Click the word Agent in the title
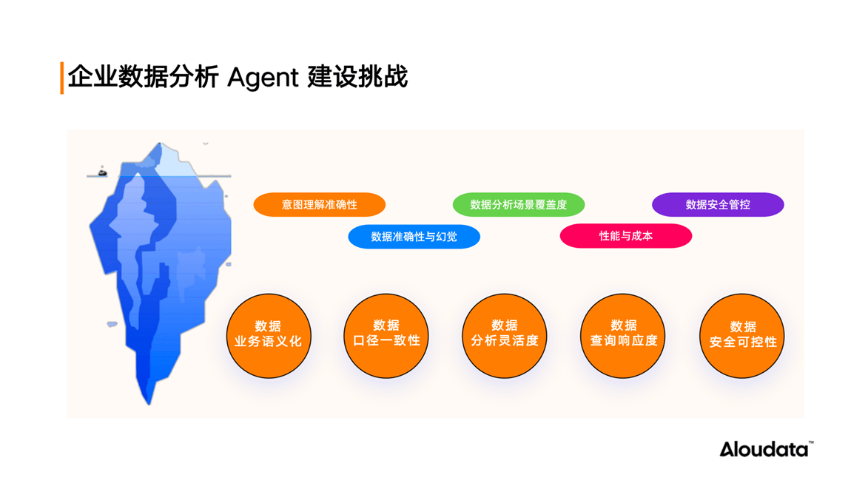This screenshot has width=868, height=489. click(263, 78)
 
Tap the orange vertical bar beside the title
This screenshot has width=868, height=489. click(62, 78)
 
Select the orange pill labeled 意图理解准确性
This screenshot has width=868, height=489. click(320, 205)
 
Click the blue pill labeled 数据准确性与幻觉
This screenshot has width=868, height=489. click(414, 237)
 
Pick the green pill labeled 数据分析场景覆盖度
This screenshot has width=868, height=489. click(519, 205)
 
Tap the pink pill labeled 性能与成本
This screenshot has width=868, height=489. click(626, 236)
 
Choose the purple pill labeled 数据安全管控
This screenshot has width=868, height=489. click(718, 205)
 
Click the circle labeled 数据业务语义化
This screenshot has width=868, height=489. click(269, 336)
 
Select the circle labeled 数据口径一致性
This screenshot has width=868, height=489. click(386, 336)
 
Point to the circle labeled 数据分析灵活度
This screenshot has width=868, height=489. click(505, 336)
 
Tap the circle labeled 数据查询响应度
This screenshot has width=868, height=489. click(623, 336)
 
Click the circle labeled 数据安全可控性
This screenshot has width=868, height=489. click(741, 336)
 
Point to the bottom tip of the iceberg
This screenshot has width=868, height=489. click(149, 405)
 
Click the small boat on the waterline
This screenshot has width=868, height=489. click(102, 172)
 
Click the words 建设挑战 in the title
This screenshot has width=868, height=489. click(357, 77)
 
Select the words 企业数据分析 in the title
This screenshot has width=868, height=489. click(143, 77)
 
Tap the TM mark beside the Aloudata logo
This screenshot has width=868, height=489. click(811, 442)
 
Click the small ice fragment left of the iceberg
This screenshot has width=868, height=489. click(112, 324)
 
